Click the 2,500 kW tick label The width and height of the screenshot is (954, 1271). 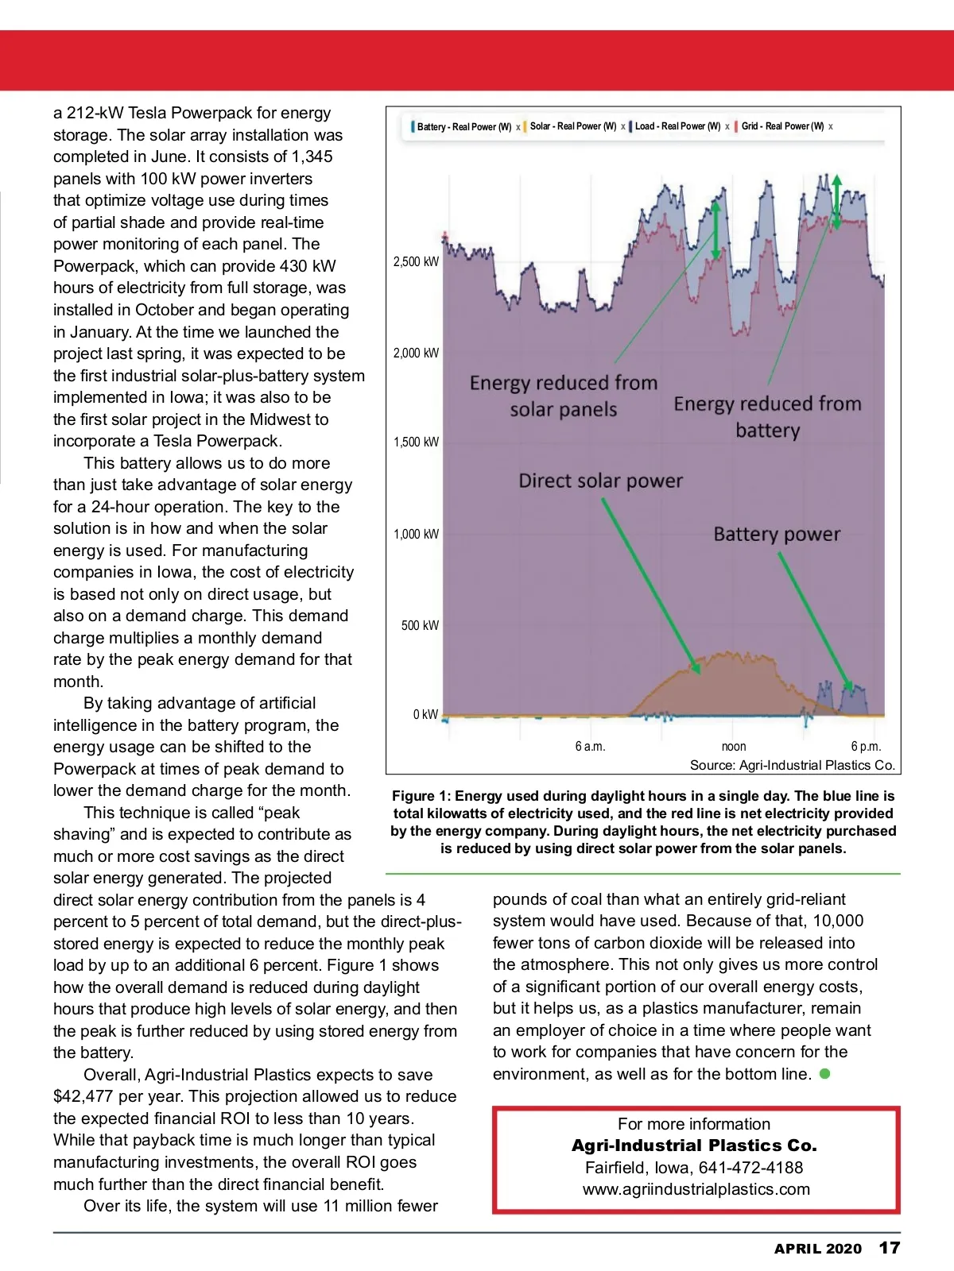[416, 261]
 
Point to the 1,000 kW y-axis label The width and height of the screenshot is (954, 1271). [416, 534]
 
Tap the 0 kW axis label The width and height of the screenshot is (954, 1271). [425, 714]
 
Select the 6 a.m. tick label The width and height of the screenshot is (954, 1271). [590, 746]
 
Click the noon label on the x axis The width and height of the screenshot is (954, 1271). [733, 746]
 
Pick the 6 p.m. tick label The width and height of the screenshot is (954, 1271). [866, 746]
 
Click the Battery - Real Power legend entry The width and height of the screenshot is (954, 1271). [463, 126]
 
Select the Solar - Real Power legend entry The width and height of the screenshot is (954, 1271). [572, 126]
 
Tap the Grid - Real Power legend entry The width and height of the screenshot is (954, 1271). [782, 126]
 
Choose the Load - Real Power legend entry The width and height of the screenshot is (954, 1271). [677, 126]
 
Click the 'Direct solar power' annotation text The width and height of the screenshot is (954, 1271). [600, 481]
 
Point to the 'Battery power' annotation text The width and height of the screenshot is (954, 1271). [776, 534]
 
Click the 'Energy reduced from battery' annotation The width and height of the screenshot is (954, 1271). [767, 417]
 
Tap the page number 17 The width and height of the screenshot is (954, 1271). [889, 1247]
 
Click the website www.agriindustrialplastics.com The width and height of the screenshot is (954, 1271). [696, 1189]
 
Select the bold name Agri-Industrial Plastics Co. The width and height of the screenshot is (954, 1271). [694, 1145]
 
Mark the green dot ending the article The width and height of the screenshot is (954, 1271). [825, 1073]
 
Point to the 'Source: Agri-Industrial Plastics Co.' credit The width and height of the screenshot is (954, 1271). [792, 765]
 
